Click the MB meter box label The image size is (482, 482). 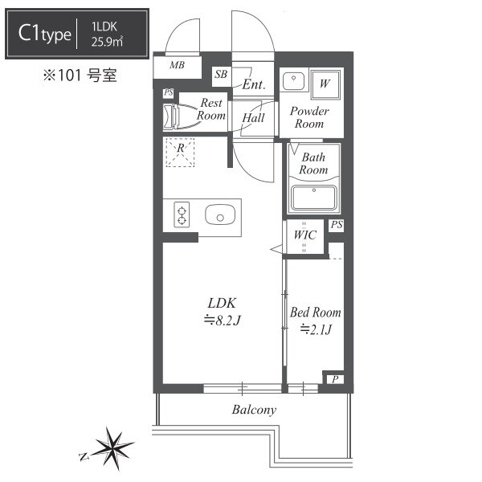(x=177, y=65)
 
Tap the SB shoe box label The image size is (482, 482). (x=221, y=74)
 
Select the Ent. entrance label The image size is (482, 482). (x=254, y=84)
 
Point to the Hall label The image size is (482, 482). (x=253, y=117)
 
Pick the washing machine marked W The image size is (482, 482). (x=325, y=84)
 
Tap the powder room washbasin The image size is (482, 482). (x=293, y=81)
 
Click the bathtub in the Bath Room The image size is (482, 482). (x=313, y=197)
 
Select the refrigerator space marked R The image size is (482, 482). (x=180, y=153)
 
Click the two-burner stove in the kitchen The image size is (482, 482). (x=182, y=214)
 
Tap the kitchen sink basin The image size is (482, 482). (x=220, y=214)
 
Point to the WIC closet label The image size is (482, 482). (x=304, y=235)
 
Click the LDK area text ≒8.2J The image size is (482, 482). (x=222, y=321)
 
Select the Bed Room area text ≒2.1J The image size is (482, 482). (x=316, y=329)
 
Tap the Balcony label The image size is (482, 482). (x=254, y=410)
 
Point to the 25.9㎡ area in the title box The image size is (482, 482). (x=107, y=42)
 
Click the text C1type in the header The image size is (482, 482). (x=44, y=34)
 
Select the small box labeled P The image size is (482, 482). (x=335, y=379)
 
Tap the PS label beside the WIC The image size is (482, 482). (x=337, y=225)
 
